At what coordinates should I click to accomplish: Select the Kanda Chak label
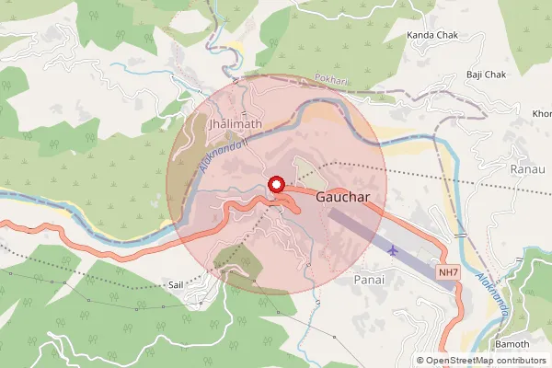tap(431, 35)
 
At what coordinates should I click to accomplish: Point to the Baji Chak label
tap(487, 75)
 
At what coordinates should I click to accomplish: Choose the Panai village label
tap(368, 277)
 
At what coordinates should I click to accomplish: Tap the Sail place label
tap(177, 286)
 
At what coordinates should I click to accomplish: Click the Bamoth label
tap(512, 343)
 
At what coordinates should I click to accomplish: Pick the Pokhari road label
tap(330, 80)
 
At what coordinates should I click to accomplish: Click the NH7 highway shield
tap(448, 273)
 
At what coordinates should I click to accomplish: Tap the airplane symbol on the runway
tap(395, 248)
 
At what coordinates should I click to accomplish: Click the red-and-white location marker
tap(276, 185)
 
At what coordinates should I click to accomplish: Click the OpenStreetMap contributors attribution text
tap(480, 361)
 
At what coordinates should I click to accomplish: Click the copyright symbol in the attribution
tap(420, 361)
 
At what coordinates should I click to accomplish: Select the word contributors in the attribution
tap(517, 361)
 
